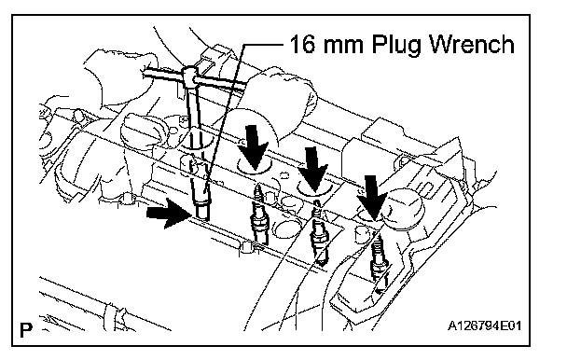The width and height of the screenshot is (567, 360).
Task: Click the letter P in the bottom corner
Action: pos(26,329)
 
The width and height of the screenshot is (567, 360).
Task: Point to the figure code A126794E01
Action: pos(484,326)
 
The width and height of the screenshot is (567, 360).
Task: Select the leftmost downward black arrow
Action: pos(255,147)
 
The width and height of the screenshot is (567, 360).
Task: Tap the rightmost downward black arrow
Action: pos(372,197)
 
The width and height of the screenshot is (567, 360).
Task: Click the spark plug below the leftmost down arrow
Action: pos(258,214)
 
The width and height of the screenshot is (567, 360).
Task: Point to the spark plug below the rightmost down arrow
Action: pos(379,262)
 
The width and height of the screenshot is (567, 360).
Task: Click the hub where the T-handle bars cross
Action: pos(189,75)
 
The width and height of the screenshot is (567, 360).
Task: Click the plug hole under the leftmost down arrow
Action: pos(255,166)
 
